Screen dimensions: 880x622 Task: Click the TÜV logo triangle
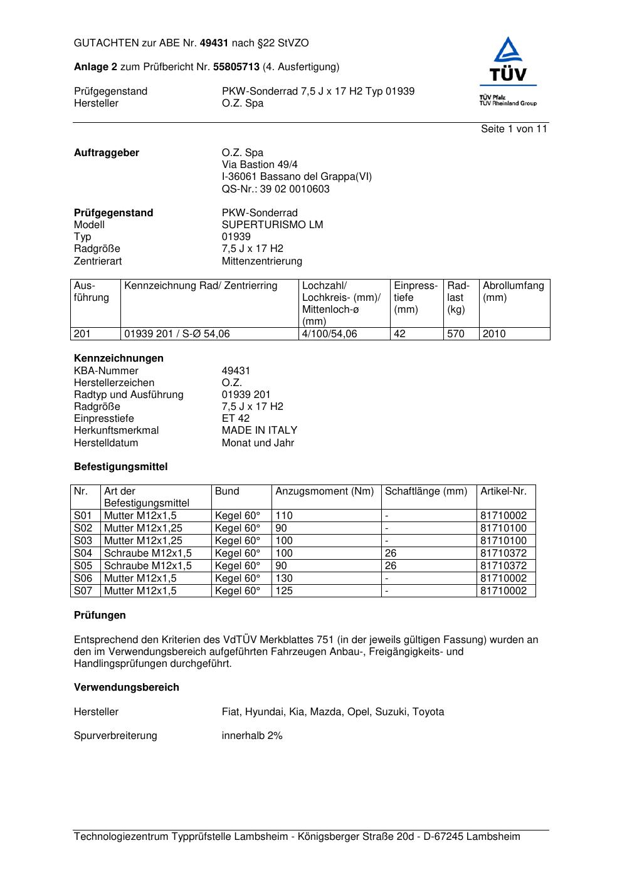tap(507, 51)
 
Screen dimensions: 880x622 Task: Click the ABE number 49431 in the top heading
tap(215, 43)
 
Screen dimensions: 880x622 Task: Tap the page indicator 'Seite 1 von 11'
tap(514, 128)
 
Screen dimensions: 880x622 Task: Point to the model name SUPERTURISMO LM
tap(272, 224)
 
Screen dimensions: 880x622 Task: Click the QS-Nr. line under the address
tap(275, 189)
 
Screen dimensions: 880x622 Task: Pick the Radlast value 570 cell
tap(456, 333)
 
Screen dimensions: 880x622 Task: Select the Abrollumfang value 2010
tap(494, 333)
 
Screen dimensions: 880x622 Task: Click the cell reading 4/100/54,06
tap(329, 333)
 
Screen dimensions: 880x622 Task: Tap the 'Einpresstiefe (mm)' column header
tap(416, 297)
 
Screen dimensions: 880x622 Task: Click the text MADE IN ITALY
tap(260, 430)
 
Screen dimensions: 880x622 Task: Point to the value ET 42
tap(236, 418)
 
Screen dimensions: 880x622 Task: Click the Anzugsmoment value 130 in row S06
tap(284, 578)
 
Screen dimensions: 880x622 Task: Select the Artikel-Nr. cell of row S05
tap(503, 565)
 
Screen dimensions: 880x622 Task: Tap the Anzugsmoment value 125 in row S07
tap(284, 590)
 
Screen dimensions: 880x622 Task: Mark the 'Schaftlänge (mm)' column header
tap(426, 491)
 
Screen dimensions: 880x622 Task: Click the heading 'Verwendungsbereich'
tap(127, 687)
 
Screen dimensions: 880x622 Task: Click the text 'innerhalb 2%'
tap(252, 735)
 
